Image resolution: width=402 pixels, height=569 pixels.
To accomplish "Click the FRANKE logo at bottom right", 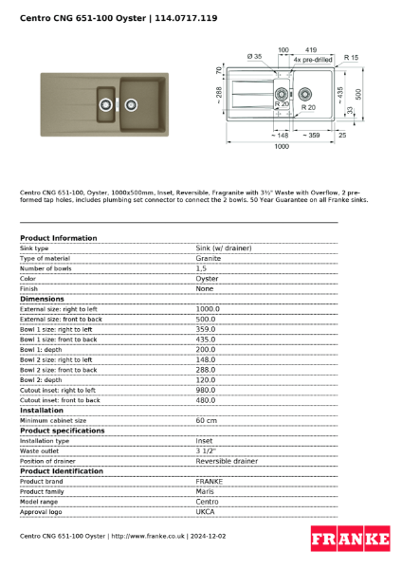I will [350, 540].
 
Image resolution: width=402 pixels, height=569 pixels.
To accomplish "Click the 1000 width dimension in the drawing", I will [282, 147].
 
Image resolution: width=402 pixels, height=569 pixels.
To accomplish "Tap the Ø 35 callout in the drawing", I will [254, 57].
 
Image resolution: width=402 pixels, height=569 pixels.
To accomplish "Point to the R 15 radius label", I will [352, 57].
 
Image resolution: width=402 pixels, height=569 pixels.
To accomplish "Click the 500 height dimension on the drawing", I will [358, 94].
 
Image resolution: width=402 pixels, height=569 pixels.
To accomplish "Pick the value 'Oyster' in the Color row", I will [207, 279].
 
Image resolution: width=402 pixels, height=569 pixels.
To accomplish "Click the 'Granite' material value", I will [209, 258].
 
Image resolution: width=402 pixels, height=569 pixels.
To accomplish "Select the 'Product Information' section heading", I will [58, 238].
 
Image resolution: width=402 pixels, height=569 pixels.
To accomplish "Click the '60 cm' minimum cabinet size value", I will [207, 420].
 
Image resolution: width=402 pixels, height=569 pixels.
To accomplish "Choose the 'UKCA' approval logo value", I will [206, 511].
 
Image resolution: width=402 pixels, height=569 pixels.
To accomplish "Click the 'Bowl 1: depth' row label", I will [46, 349].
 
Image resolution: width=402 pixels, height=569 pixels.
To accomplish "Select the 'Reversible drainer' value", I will [227, 461].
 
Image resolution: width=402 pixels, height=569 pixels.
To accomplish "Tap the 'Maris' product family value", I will [205, 491].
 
